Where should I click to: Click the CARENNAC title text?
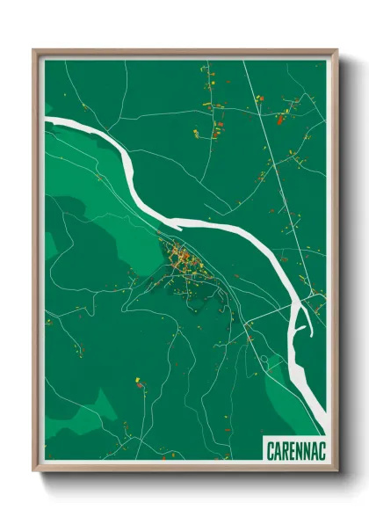(294, 450)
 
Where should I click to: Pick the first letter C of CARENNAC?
(270, 450)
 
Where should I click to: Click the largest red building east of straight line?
(282, 118)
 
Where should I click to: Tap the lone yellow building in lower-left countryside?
(138, 383)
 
